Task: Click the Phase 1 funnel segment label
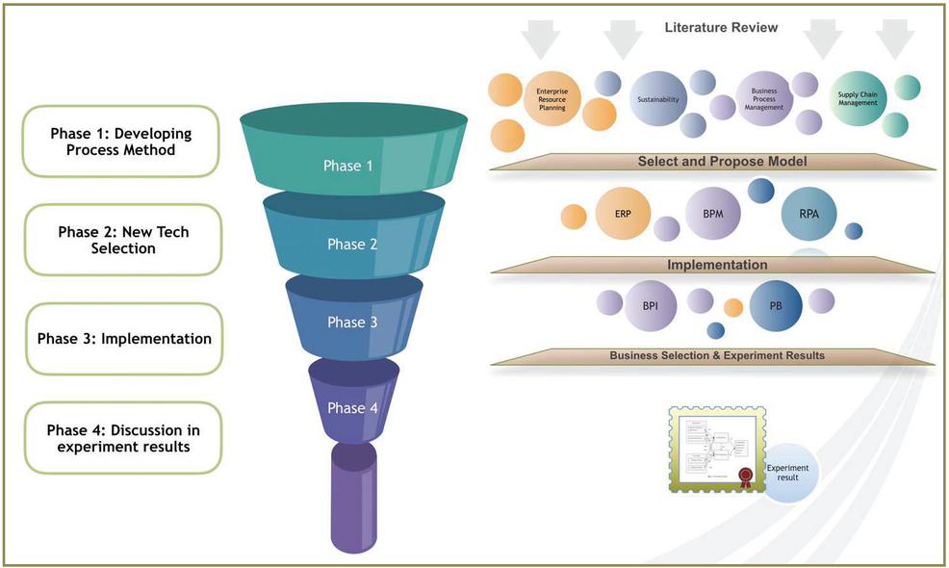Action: pyautogui.click(x=348, y=166)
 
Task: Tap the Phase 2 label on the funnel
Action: pyautogui.click(x=352, y=245)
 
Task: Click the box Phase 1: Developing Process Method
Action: pyautogui.click(x=121, y=142)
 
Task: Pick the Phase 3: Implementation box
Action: pyautogui.click(x=124, y=339)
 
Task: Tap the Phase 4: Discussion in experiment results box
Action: pyautogui.click(x=121, y=438)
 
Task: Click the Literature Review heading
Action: pyautogui.click(x=721, y=28)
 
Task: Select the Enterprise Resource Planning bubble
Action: pyautogui.click(x=552, y=99)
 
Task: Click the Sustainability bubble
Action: pyautogui.click(x=658, y=99)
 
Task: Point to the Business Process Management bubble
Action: pyautogui.click(x=764, y=99)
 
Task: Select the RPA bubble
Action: pyautogui.click(x=809, y=214)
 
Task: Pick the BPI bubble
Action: pyautogui.click(x=650, y=304)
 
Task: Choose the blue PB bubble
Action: pyautogui.click(x=776, y=305)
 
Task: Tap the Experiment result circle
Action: pyautogui.click(x=788, y=473)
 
